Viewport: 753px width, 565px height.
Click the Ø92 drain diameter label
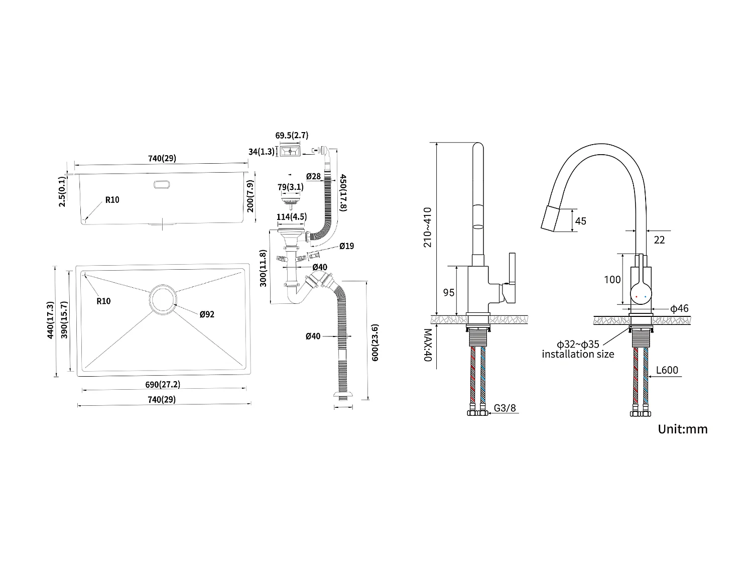point(207,314)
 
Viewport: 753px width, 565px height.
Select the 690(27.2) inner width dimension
point(163,384)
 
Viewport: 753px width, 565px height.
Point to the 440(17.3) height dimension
point(50,320)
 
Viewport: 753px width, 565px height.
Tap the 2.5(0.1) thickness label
point(62,191)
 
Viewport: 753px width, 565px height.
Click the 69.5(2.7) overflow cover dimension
point(292,135)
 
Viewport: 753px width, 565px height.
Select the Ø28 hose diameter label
point(313,176)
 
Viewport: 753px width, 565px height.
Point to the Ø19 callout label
point(346,246)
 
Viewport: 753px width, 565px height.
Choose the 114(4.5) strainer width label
point(292,217)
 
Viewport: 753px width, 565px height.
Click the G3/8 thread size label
point(505,408)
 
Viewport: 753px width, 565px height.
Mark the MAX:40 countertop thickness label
point(428,346)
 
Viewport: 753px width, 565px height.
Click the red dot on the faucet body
point(637,297)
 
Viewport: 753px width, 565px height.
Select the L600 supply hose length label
point(667,371)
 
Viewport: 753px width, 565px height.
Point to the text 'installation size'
point(578,354)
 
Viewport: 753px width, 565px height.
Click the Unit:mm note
point(682,429)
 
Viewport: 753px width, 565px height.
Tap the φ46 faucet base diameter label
point(679,308)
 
